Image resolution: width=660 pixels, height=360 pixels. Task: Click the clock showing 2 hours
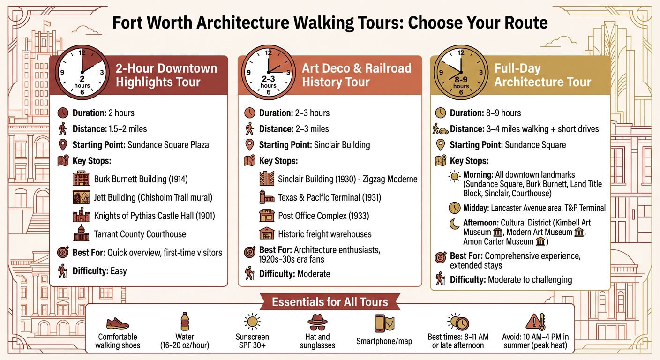point(82,72)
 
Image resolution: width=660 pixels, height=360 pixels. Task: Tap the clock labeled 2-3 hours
point(268,72)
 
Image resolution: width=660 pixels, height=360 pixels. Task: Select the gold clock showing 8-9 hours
point(461,72)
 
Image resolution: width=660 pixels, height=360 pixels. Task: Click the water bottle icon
point(185,322)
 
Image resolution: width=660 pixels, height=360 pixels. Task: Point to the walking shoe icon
point(117,323)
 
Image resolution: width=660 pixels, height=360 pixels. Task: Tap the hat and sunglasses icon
point(317,322)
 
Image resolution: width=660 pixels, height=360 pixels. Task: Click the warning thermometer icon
point(535,322)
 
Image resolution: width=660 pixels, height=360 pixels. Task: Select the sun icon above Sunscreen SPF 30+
point(252,322)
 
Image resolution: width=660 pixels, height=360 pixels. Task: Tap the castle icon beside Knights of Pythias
point(81,216)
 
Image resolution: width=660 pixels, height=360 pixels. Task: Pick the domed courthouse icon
point(81,234)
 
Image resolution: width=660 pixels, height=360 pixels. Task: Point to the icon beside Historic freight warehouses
point(267,234)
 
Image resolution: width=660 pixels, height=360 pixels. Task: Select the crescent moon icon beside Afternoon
point(454,225)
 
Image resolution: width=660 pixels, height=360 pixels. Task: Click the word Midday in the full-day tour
point(477,208)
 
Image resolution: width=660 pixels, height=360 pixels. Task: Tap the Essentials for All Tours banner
point(330,302)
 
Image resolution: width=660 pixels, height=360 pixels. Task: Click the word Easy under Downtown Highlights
point(119,271)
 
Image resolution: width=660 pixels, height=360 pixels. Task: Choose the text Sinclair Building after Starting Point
point(342,145)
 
